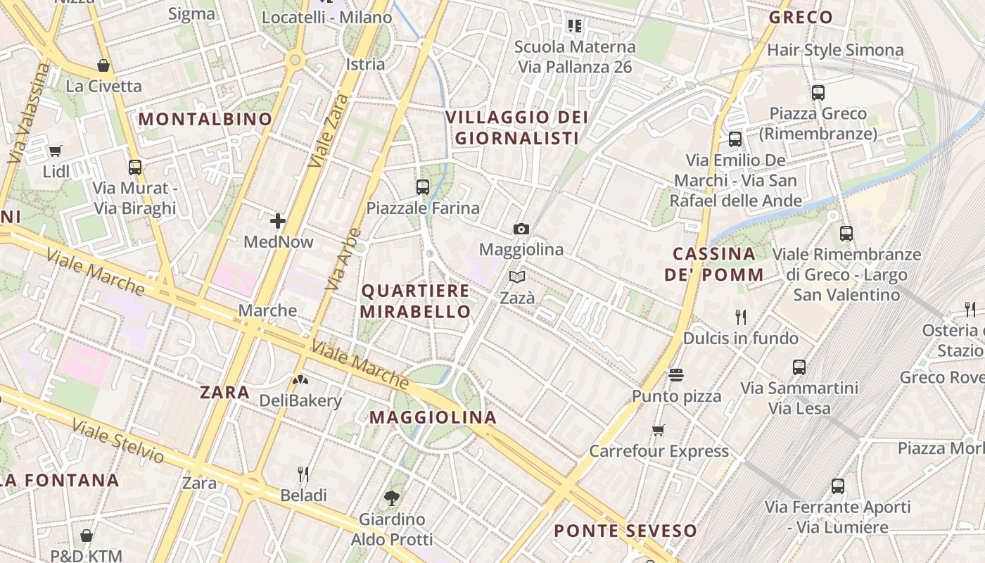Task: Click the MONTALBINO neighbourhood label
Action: [x=205, y=119]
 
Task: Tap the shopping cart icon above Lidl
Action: [x=55, y=150]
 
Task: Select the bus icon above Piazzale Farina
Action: [x=422, y=187]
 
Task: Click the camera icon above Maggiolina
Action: [x=521, y=229]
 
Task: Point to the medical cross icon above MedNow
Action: [x=278, y=221]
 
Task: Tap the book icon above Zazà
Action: [x=517, y=277]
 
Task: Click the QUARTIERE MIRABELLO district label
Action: [x=415, y=301]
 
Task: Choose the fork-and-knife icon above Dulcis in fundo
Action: [x=740, y=317]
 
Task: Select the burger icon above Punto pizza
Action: [x=676, y=375]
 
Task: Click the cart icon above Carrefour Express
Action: [x=659, y=430]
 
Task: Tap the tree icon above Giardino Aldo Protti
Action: [x=392, y=498]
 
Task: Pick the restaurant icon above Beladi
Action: [x=303, y=474]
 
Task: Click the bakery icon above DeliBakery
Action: [x=300, y=380]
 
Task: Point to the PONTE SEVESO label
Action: [x=625, y=531]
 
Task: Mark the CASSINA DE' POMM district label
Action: [x=714, y=264]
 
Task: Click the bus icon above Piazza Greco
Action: [x=818, y=92]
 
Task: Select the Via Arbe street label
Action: [x=343, y=259]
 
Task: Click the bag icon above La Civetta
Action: [x=103, y=65]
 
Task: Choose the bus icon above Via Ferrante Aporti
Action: [x=837, y=486]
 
